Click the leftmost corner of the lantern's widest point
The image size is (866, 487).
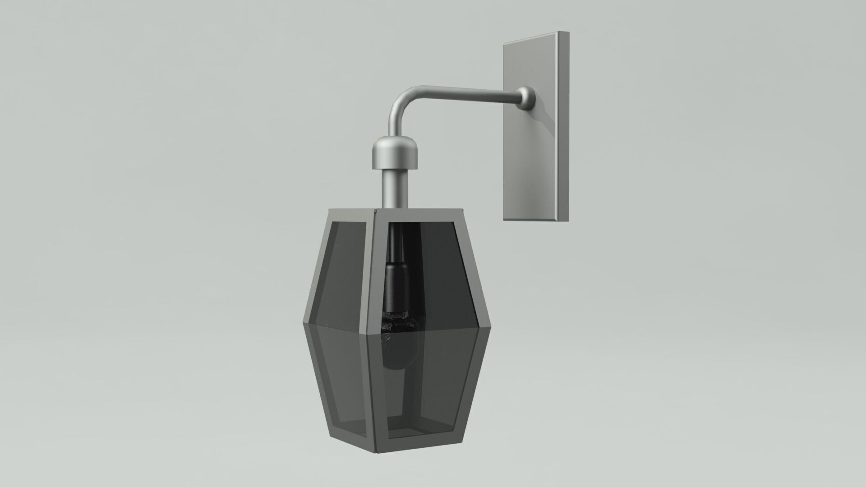pyautogui.click(x=302, y=323)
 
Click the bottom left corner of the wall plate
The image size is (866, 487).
pyautogui.click(x=504, y=220)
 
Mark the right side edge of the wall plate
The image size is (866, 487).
pyautogui.click(x=563, y=126)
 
